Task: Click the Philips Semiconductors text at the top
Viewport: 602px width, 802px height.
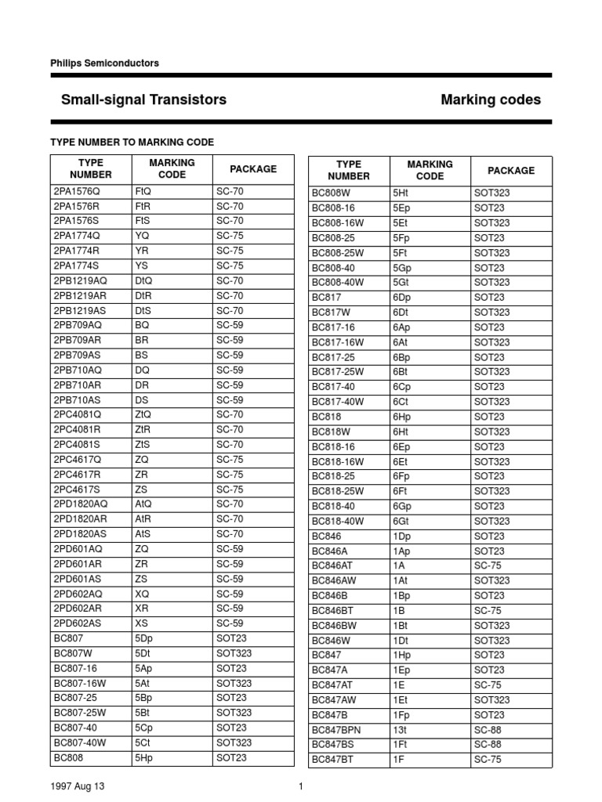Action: click(104, 63)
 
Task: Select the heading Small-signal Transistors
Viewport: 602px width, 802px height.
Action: click(143, 99)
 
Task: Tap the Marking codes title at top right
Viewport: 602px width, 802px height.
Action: click(491, 99)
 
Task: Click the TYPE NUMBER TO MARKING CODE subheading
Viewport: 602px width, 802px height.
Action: click(132, 142)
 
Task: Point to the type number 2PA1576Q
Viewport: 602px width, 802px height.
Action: click(78, 191)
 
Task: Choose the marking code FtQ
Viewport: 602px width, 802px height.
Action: click(143, 191)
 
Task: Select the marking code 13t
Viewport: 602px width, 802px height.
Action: click(400, 730)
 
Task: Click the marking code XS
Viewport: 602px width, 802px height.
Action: click(142, 623)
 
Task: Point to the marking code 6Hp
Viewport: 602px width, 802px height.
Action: click(402, 417)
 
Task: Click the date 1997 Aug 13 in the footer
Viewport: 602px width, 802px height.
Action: click(76, 786)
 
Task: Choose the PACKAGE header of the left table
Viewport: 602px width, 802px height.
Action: click(252, 169)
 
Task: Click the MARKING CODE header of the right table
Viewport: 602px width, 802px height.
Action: click(430, 170)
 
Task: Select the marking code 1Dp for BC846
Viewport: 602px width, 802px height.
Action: click(402, 536)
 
